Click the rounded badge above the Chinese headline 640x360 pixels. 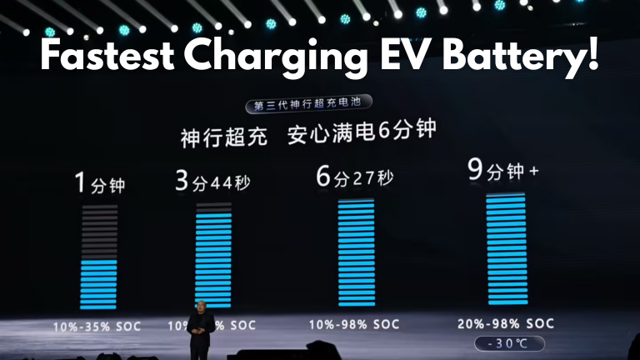pyautogui.click(x=309, y=106)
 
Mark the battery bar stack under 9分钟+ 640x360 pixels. pyautogui.click(x=507, y=250)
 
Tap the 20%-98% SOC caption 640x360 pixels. pyautogui.click(x=507, y=323)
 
